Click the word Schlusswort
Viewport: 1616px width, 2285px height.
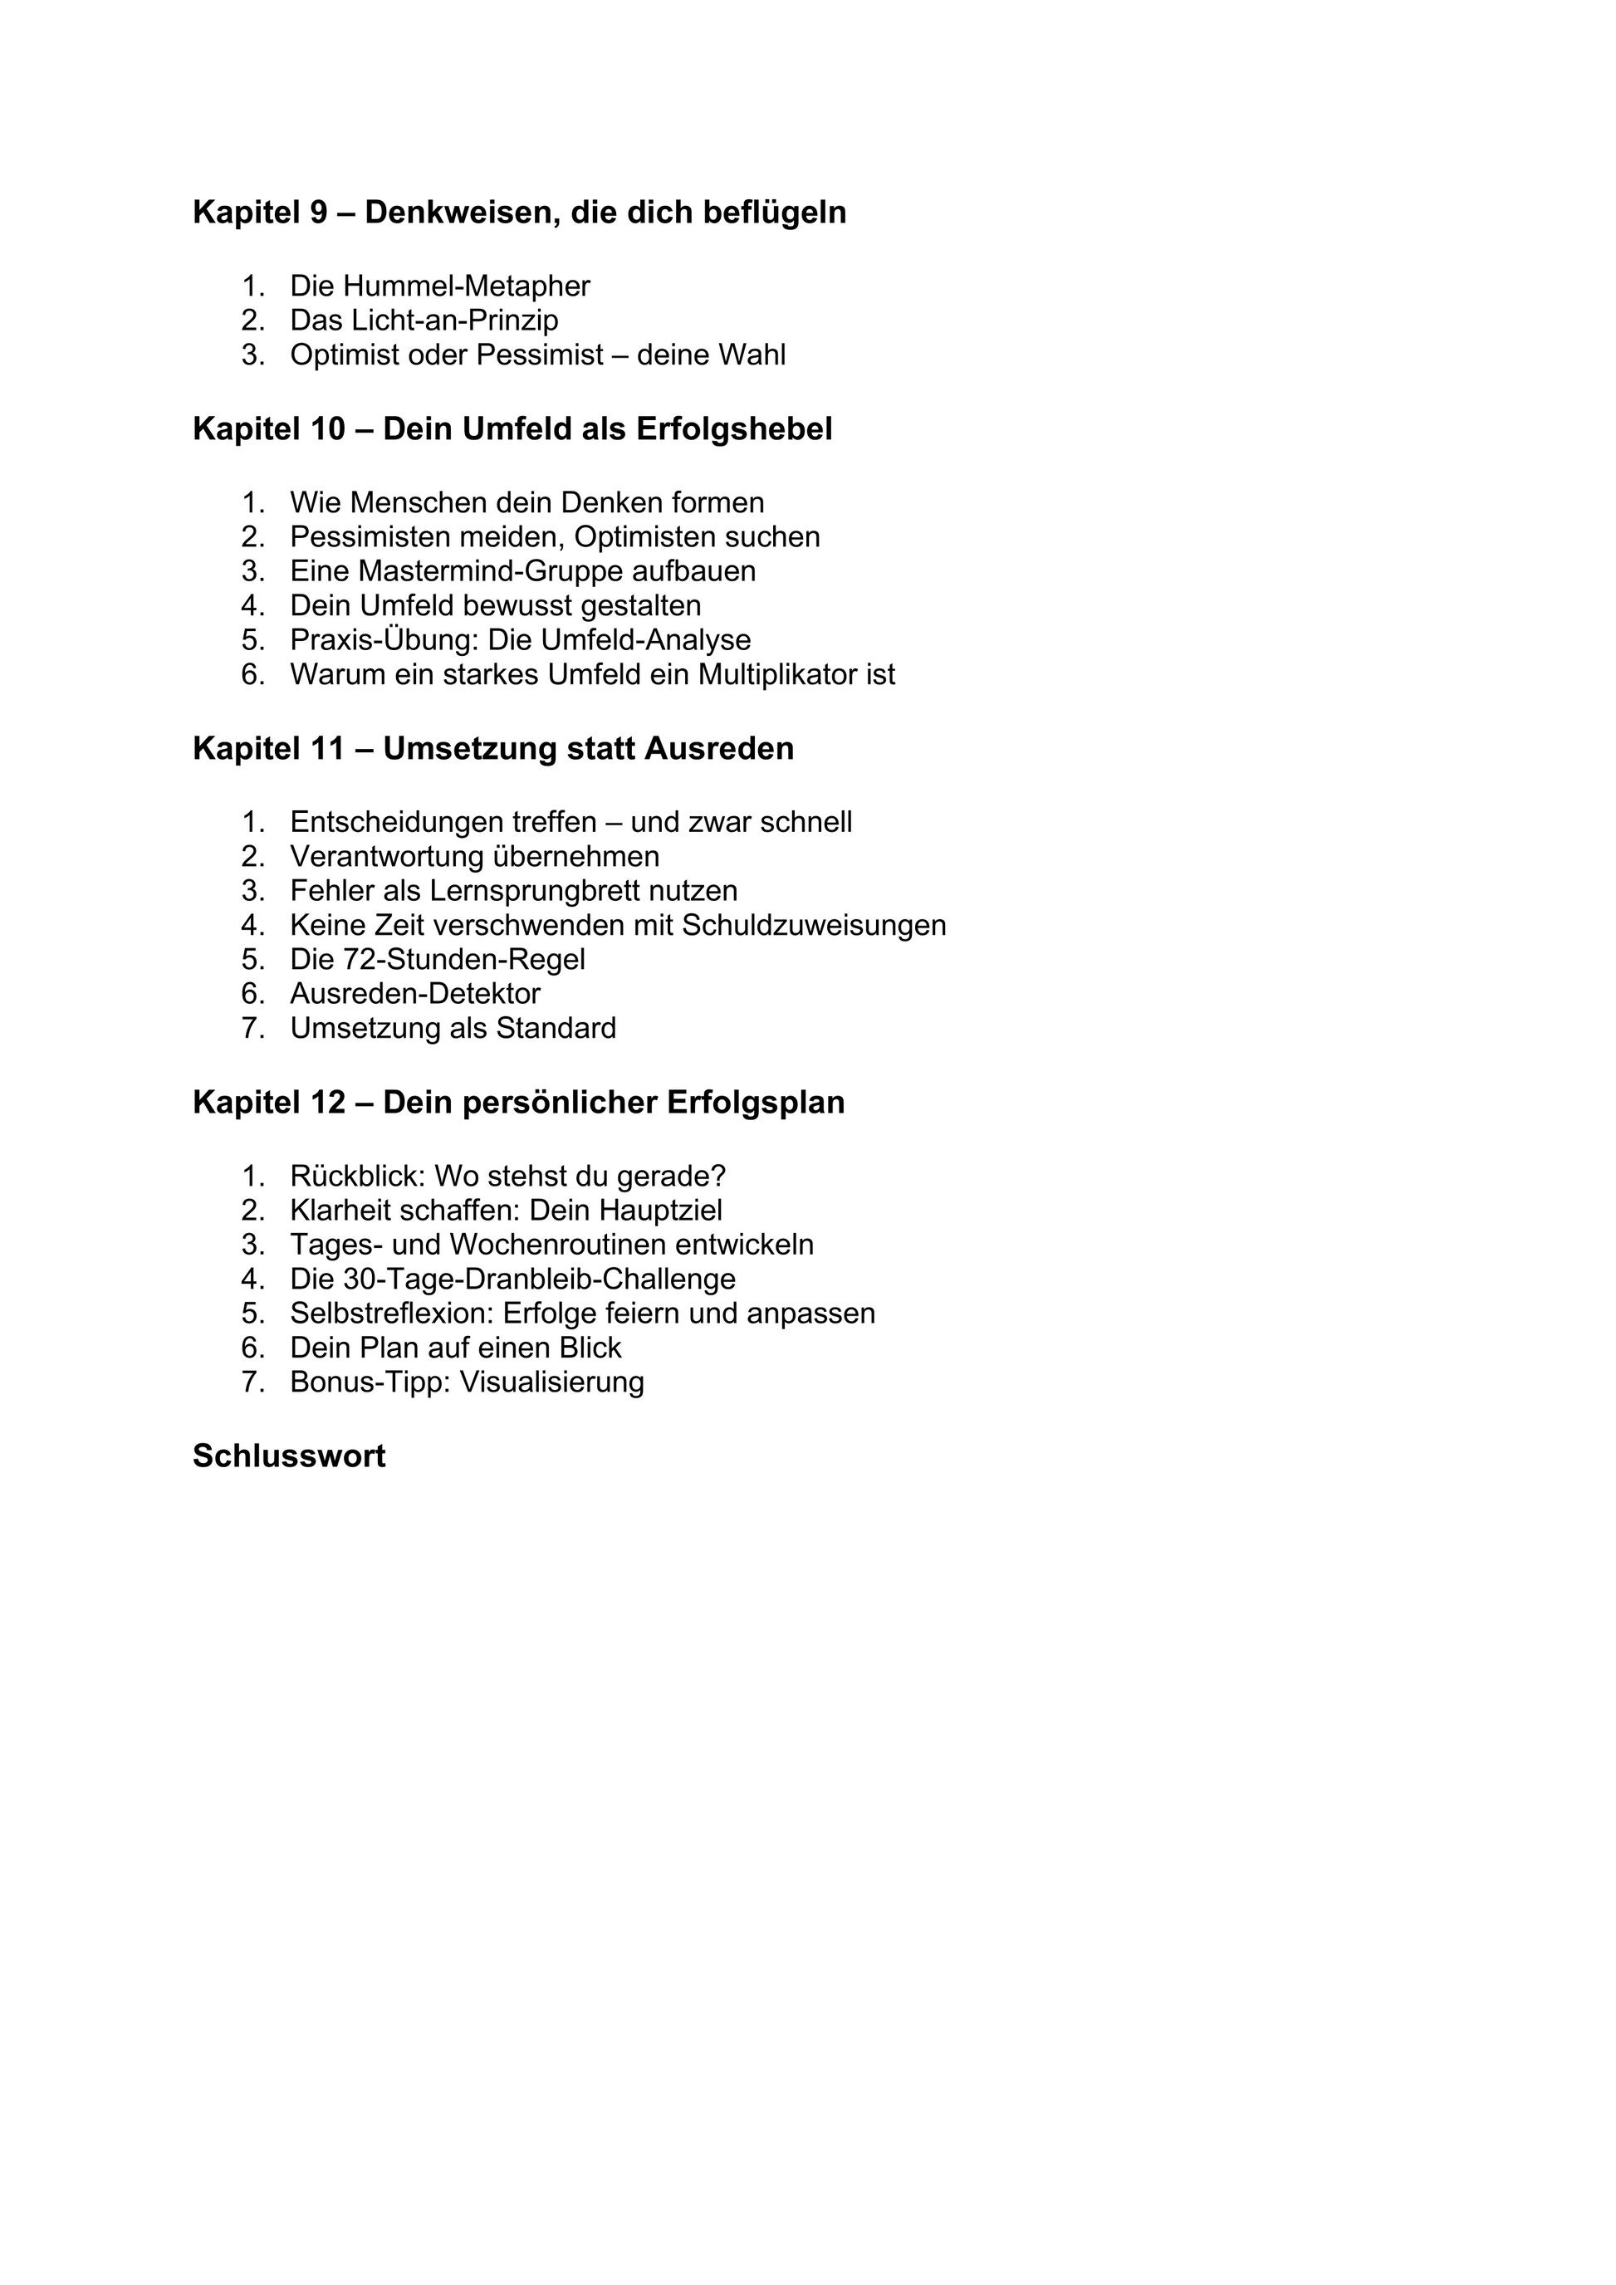tap(289, 1456)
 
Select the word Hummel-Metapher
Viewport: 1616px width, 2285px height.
tap(467, 286)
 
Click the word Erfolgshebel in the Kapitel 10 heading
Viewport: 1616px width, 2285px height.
tap(733, 429)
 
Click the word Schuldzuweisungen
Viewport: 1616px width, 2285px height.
tap(813, 926)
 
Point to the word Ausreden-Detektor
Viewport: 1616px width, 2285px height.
tap(415, 994)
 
